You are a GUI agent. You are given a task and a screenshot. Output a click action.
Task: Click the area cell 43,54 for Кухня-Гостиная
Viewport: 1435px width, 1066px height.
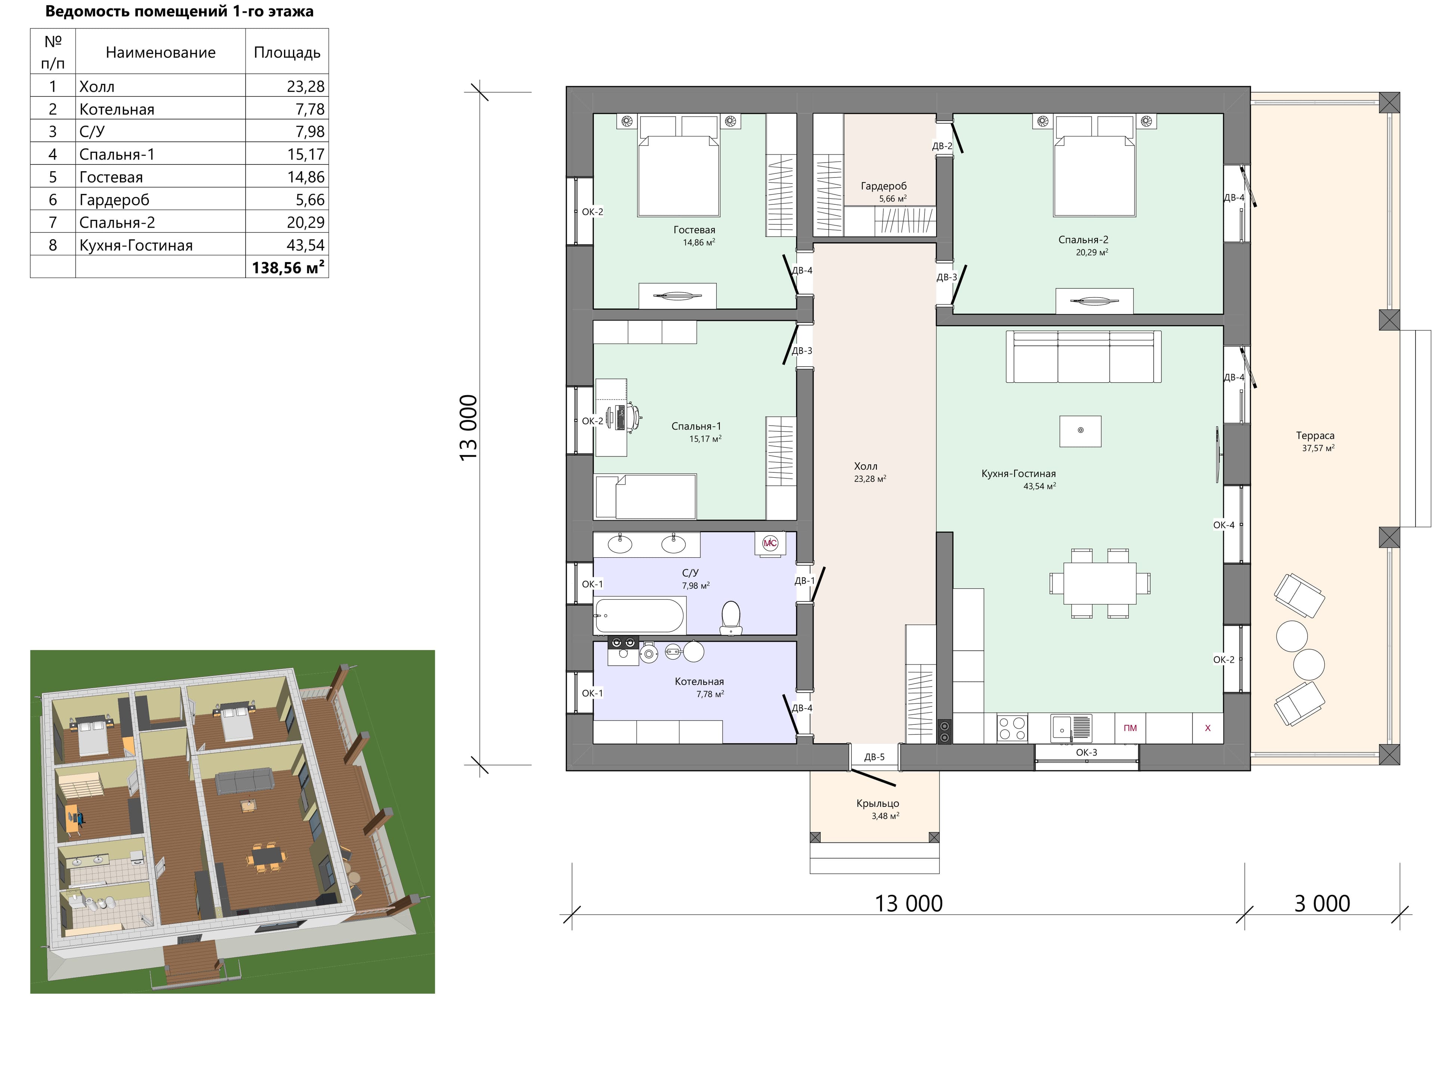pyautogui.click(x=305, y=245)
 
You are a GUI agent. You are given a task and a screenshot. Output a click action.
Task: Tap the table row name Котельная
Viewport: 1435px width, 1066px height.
pyautogui.click(x=117, y=109)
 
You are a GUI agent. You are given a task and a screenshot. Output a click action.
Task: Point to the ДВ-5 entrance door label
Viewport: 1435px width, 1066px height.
pyautogui.click(x=874, y=757)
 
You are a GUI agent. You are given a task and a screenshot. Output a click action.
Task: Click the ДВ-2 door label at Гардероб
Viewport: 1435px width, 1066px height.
pyautogui.click(x=942, y=146)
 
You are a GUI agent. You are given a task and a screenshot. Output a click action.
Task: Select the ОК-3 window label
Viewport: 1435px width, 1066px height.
pyautogui.click(x=1087, y=752)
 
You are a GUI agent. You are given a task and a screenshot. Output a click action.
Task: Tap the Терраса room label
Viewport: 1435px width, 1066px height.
pyautogui.click(x=1315, y=435)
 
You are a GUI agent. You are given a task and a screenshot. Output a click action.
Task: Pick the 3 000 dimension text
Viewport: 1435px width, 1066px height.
pyautogui.click(x=1322, y=903)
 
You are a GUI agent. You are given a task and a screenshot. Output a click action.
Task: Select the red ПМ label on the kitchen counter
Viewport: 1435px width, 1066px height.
pyautogui.click(x=1130, y=728)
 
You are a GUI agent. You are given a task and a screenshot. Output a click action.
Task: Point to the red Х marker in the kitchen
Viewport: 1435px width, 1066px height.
pyautogui.click(x=1207, y=728)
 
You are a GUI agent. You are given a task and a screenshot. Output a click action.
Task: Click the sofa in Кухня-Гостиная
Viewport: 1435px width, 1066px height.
pyautogui.click(x=1083, y=357)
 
